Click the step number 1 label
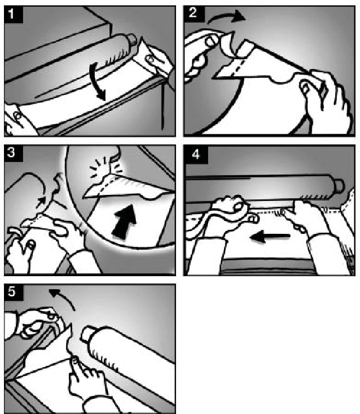[11, 14]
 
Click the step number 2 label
[193, 12]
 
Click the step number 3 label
[11, 152]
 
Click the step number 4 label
[196, 154]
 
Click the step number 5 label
[12, 292]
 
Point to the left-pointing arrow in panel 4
[270, 236]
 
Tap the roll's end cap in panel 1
[131, 40]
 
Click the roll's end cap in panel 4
[339, 186]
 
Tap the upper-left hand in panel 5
[39, 322]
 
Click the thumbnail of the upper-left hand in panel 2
[210, 41]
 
